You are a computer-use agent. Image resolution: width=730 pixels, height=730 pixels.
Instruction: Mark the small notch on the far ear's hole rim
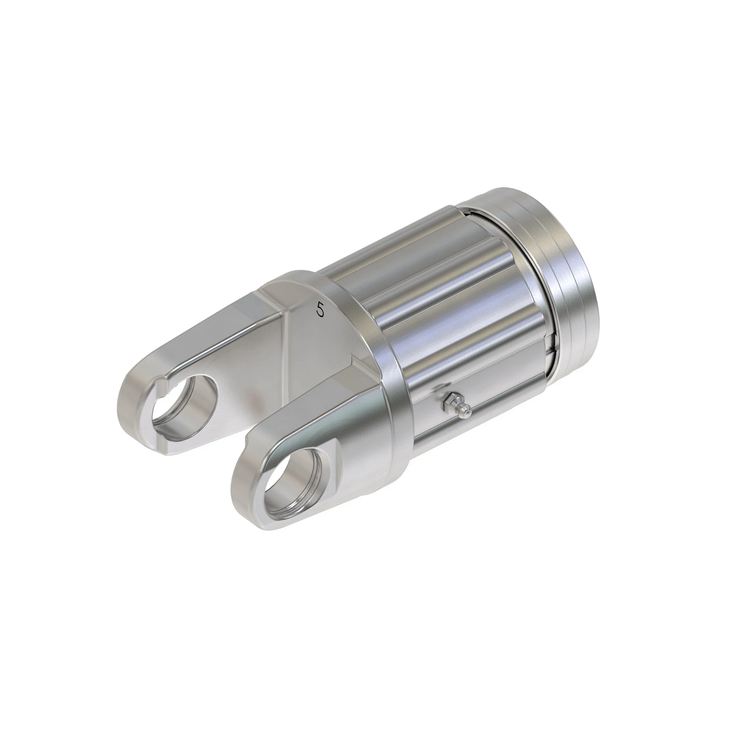(x=163, y=384)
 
